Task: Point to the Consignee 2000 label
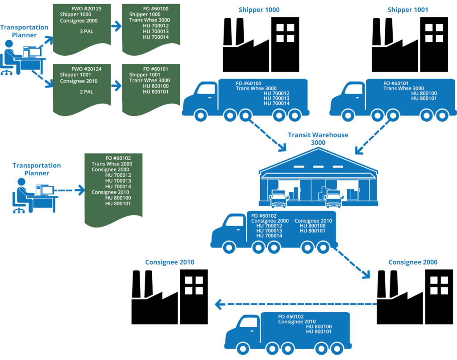click(413, 262)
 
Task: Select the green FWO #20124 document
click(82, 89)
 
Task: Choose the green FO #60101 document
click(151, 89)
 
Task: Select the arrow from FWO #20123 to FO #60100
click(116, 27)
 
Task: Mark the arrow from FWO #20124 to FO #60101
click(116, 87)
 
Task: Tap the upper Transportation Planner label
click(24, 31)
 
